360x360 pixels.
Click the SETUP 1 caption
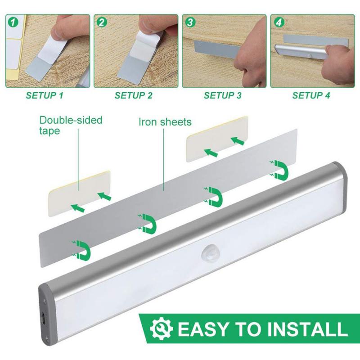[x=45, y=95]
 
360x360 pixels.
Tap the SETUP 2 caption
[x=134, y=95]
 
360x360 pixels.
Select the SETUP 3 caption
[x=223, y=95]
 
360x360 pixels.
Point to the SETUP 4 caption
[x=311, y=95]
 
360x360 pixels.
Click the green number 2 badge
[x=102, y=21]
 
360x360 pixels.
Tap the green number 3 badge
[x=190, y=21]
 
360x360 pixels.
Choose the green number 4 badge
[x=279, y=21]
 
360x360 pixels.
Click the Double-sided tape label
[x=71, y=125]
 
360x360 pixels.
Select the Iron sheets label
[x=165, y=122]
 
